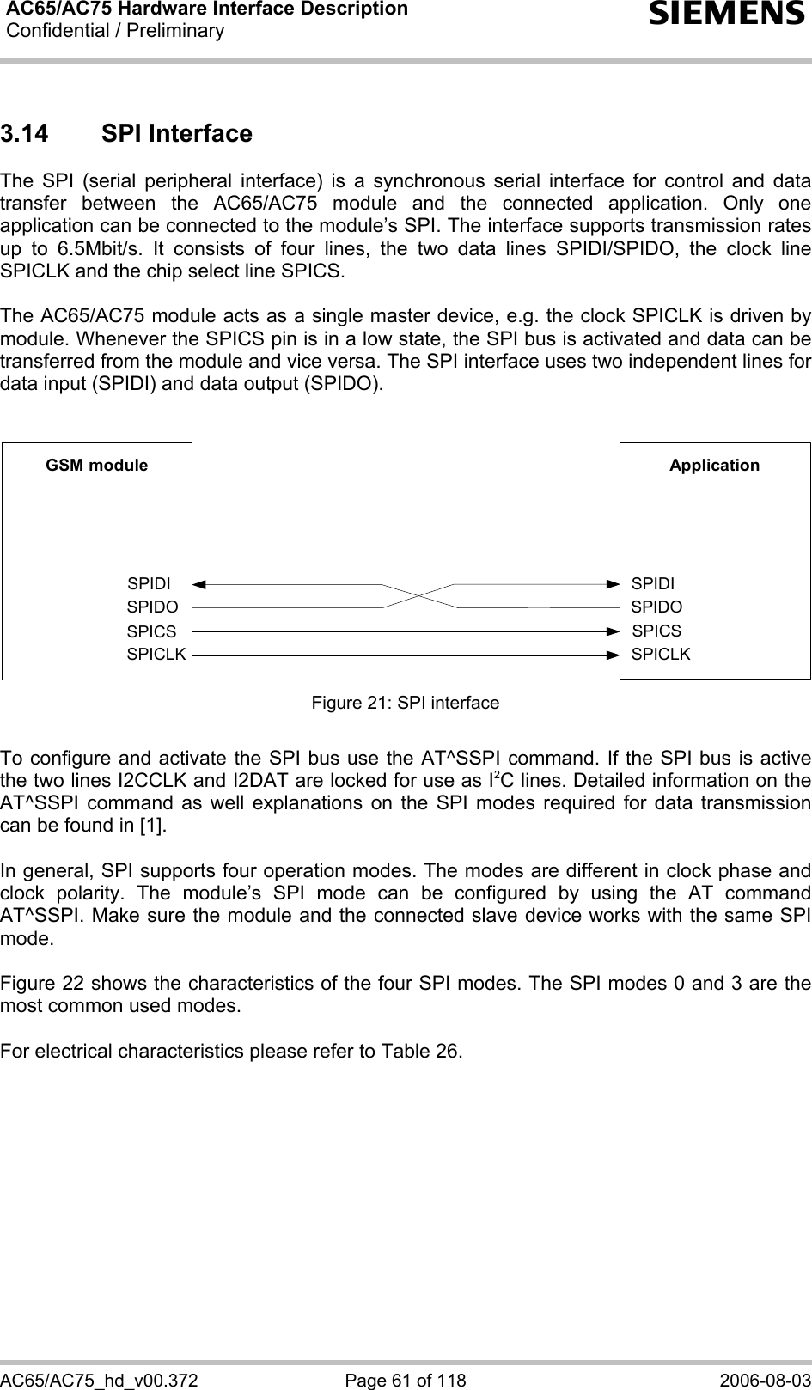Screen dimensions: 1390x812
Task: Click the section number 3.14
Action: (27, 134)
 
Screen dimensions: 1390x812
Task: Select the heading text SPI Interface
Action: (176, 134)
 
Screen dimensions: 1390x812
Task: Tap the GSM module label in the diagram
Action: (96, 466)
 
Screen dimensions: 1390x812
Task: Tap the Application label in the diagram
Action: (714, 466)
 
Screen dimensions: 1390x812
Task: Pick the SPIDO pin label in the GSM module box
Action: (152, 607)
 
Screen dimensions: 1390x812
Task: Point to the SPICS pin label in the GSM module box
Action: (151, 631)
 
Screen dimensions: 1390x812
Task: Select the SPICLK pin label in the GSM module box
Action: (156, 654)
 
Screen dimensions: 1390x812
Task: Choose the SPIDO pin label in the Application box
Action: (656, 607)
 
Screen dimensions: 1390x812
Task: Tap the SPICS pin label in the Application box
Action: (656, 631)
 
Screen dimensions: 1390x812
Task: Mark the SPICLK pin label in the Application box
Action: (661, 654)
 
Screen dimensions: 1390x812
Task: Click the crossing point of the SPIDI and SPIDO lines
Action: (418, 595)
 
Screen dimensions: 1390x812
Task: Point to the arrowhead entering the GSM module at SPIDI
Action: (199, 584)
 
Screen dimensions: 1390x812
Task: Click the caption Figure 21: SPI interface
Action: (405, 703)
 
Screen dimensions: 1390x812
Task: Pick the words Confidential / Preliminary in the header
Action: (114, 32)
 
